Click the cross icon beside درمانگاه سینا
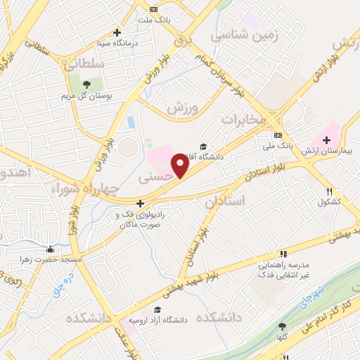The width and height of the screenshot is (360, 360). click(x=117, y=32)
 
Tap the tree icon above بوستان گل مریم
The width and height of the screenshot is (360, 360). click(x=86, y=83)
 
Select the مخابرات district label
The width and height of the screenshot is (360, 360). click(x=244, y=120)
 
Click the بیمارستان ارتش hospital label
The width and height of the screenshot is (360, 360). click(x=326, y=151)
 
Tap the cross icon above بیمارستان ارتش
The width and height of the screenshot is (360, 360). click(x=326, y=140)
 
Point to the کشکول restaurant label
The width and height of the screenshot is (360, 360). click(x=329, y=202)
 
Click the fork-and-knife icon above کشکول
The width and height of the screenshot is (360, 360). click(x=328, y=191)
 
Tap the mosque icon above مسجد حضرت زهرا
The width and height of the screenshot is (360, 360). click(x=49, y=250)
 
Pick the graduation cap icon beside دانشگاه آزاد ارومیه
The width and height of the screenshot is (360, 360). click(x=157, y=309)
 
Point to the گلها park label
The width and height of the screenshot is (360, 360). click(x=283, y=337)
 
